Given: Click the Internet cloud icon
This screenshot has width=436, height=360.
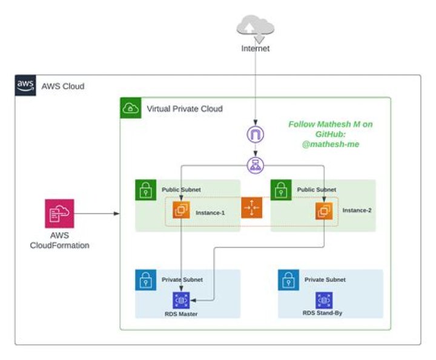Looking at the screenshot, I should tap(256, 28).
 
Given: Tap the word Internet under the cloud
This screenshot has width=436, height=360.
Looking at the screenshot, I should tap(255, 48).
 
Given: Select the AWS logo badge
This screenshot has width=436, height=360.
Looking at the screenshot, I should tap(25, 86).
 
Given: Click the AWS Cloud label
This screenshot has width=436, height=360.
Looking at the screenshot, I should tap(62, 87).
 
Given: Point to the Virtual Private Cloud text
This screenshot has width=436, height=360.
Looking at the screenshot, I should tap(185, 109).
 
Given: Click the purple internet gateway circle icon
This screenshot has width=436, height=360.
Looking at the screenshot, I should tap(256, 134).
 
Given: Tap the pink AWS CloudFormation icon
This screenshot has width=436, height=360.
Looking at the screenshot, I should tap(59, 214).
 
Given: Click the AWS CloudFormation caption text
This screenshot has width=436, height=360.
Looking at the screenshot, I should tap(59, 240).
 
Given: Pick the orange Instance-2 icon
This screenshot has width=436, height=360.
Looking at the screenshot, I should tap(324, 211).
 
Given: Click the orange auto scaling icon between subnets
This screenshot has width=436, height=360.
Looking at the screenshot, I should tap(251, 208).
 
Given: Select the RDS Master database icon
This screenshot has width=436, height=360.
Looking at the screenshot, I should tap(182, 300).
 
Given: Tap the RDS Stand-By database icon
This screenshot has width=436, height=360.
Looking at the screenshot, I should tap(324, 300).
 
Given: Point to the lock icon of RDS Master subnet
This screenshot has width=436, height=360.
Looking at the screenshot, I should tap(146, 280).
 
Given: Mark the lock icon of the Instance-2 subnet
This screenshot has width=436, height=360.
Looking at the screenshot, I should tap(281, 190).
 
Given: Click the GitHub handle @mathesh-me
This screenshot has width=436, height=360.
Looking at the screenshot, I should tap(331, 145).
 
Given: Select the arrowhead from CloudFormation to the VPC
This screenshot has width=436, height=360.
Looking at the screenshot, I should tap(116, 214).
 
